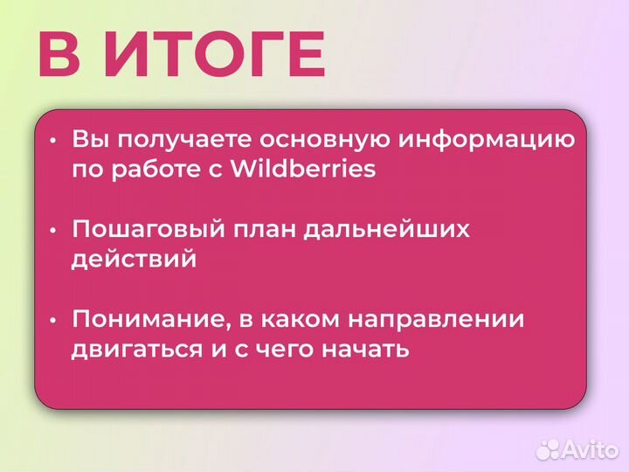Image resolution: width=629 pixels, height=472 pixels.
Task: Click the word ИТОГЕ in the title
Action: pyautogui.click(x=215, y=54)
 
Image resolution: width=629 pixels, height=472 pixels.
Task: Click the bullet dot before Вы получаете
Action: pyautogui.click(x=53, y=141)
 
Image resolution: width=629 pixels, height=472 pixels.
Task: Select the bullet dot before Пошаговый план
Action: pyautogui.click(x=53, y=231)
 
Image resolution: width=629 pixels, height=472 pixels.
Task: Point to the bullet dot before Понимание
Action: pyautogui.click(x=53, y=321)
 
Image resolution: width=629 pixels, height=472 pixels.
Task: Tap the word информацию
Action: pyautogui.click(x=487, y=140)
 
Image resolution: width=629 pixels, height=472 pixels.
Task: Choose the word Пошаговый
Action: pyautogui.click(x=144, y=230)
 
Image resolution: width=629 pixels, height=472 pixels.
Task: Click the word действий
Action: pyautogui.click(x=134, y=260)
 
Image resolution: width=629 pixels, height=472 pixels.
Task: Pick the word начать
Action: pyautogui.click(x=367, y=350)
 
